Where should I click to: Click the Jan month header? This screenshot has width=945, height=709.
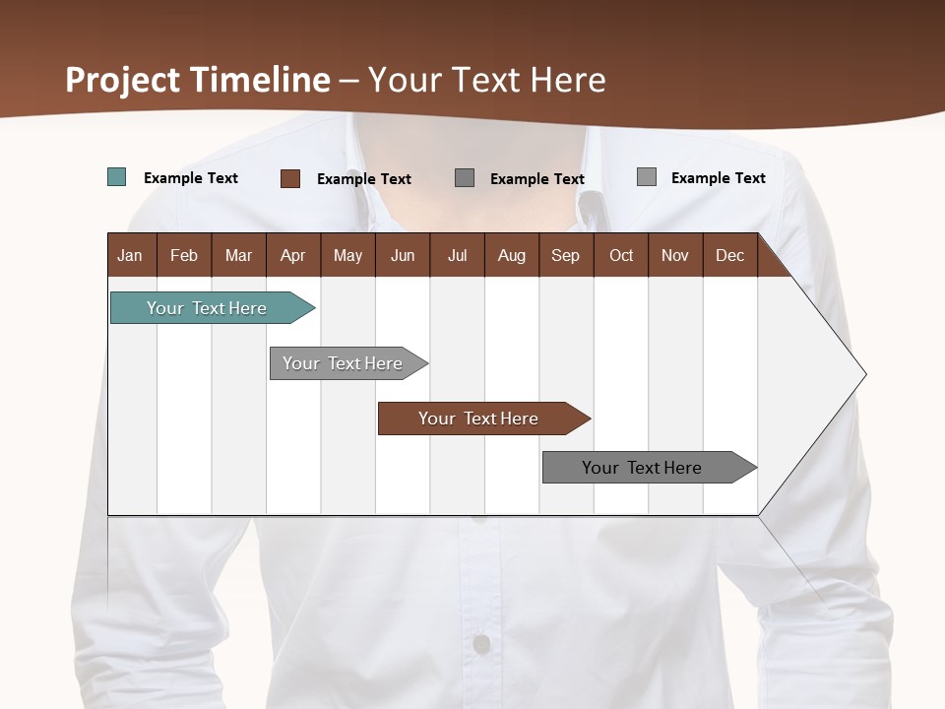coord(131,255)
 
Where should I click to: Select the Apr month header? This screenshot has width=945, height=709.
coord(293,255)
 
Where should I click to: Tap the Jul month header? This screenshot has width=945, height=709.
coord(457,255)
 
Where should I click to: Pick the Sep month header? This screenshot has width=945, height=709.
coord(566,255)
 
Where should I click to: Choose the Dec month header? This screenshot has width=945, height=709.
coord(729,255)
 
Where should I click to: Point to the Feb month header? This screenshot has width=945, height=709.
coord(184,255)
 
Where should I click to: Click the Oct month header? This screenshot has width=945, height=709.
coord(621,255)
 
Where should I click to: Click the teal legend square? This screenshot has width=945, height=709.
coord(117,177)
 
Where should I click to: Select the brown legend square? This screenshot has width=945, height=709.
coord(290,178)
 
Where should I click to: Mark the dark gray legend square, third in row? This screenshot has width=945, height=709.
coord(465,178)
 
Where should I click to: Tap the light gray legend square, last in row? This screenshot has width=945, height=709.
coord(647,177)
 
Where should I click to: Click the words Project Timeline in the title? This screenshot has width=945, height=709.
coord(198,80)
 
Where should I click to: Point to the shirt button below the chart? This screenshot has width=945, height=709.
coord(481,644)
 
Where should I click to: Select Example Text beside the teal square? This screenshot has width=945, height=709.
coord(191,178)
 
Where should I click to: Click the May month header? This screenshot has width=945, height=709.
coord(347,255)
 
